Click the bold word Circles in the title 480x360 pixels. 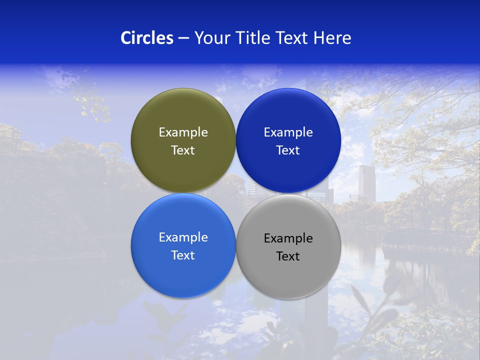[x=147, y=38]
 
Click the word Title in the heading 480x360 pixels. [x=254, y=38]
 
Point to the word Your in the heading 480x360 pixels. [x=213, y=38]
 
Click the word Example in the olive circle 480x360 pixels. [x=183, y=132]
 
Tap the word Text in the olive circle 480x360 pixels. [x=183, y=150]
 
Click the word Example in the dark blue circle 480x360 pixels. [x=288, y=132]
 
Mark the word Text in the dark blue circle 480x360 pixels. [x=288, y=150]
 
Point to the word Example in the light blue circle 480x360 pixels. [x=183, y=237]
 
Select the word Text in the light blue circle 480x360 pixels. [x=183, y=255]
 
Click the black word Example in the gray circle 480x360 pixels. [x=288, y=238]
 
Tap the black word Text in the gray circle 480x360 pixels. [x=288, y=256]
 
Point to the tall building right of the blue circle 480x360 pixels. [x=366, y=183]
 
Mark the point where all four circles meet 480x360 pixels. [x=235, y=193]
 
